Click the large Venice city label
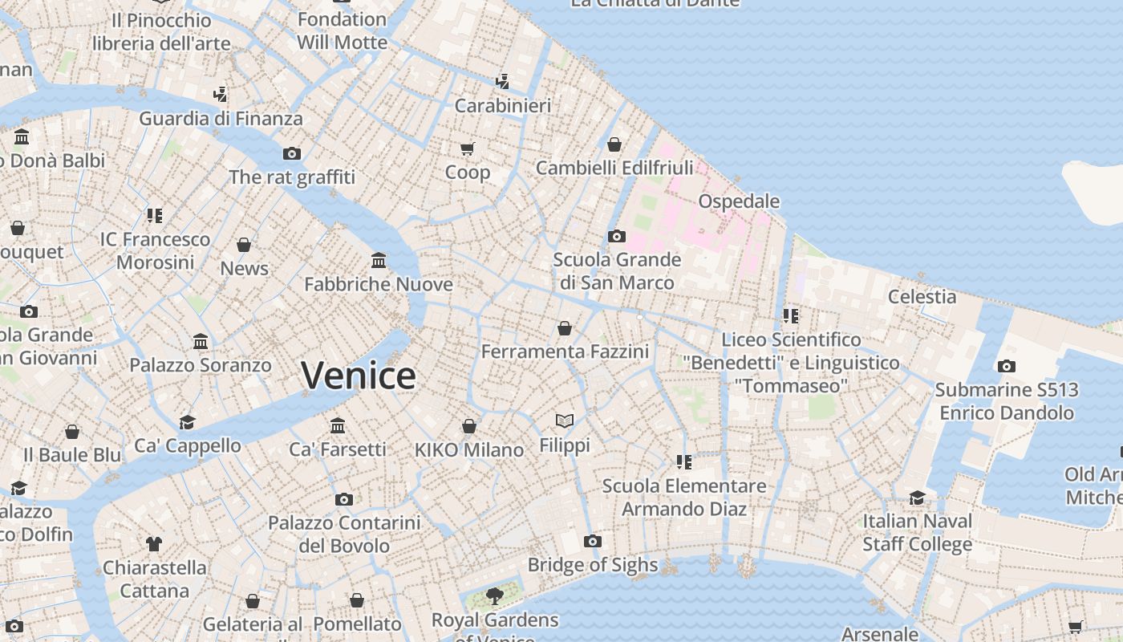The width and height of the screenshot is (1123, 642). (x=359, y=376)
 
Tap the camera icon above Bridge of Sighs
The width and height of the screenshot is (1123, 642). (x=593, y=541)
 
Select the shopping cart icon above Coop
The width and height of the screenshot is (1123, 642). (x=468, y=148)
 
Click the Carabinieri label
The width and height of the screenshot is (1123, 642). (x=503, y=105)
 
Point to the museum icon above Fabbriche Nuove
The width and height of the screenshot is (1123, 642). (x=379, y=261)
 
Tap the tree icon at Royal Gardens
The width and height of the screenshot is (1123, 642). (x=495, y=595)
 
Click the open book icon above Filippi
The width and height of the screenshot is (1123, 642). (x=565, y=421)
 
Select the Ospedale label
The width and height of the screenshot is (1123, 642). (x=739, y=201)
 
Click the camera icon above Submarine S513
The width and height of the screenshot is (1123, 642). (x=1007, y=366)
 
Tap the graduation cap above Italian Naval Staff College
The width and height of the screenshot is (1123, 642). (x=917, y=498)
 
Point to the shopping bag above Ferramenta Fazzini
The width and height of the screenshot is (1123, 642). (x=565, y=328)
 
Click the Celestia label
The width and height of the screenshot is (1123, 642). (x=922, y=296)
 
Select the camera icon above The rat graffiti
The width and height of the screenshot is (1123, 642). (x=292, y=153)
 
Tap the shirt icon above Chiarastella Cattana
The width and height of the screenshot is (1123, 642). (x=154, y=544)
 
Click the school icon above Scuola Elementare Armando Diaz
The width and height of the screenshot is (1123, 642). (x=684, y=462)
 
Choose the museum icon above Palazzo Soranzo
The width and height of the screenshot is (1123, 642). (x=201, y=342)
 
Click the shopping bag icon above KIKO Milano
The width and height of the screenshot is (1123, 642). (x=469, y=426)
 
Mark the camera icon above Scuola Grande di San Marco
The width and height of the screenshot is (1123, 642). (x=617, y=236)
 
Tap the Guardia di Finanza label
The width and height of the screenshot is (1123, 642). (x=221, y=119)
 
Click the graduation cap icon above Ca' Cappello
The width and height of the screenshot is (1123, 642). (x=188, y=422)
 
